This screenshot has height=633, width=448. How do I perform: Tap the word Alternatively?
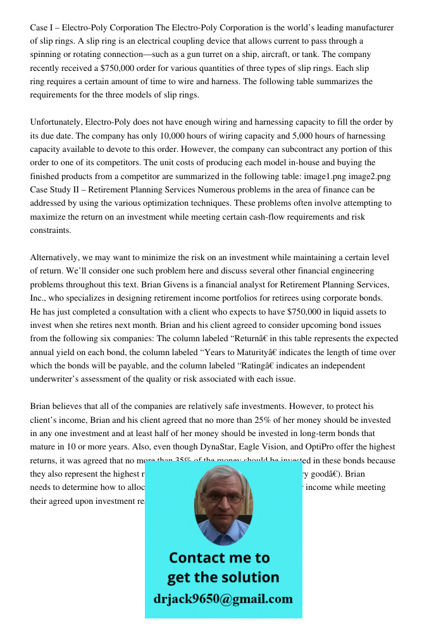tap(55, 258)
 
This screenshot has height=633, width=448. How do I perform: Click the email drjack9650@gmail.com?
tap(223, 599)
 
